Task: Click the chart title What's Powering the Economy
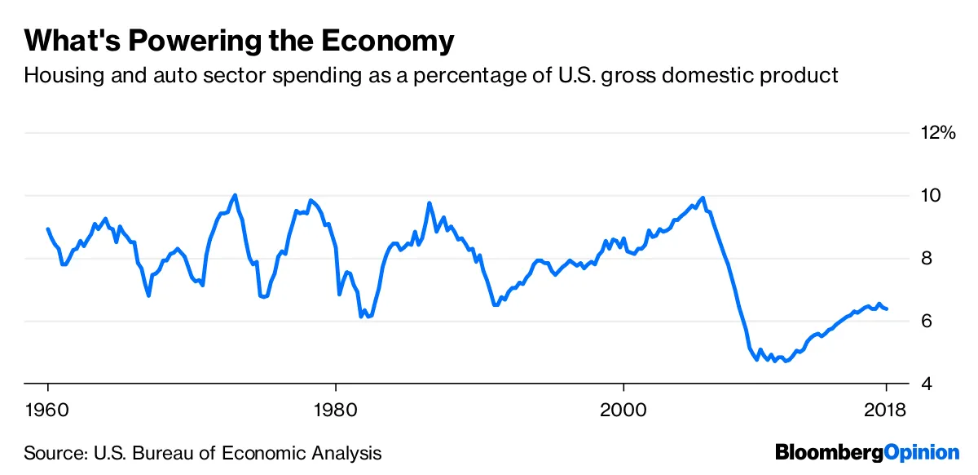(239, 41)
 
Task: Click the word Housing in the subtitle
(58, 76)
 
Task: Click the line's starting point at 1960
(48, 229)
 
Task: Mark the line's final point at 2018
(888, 309)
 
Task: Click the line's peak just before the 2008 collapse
(703, 198)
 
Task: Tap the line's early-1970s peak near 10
(235, 195)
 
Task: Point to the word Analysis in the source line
(346, 452)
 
